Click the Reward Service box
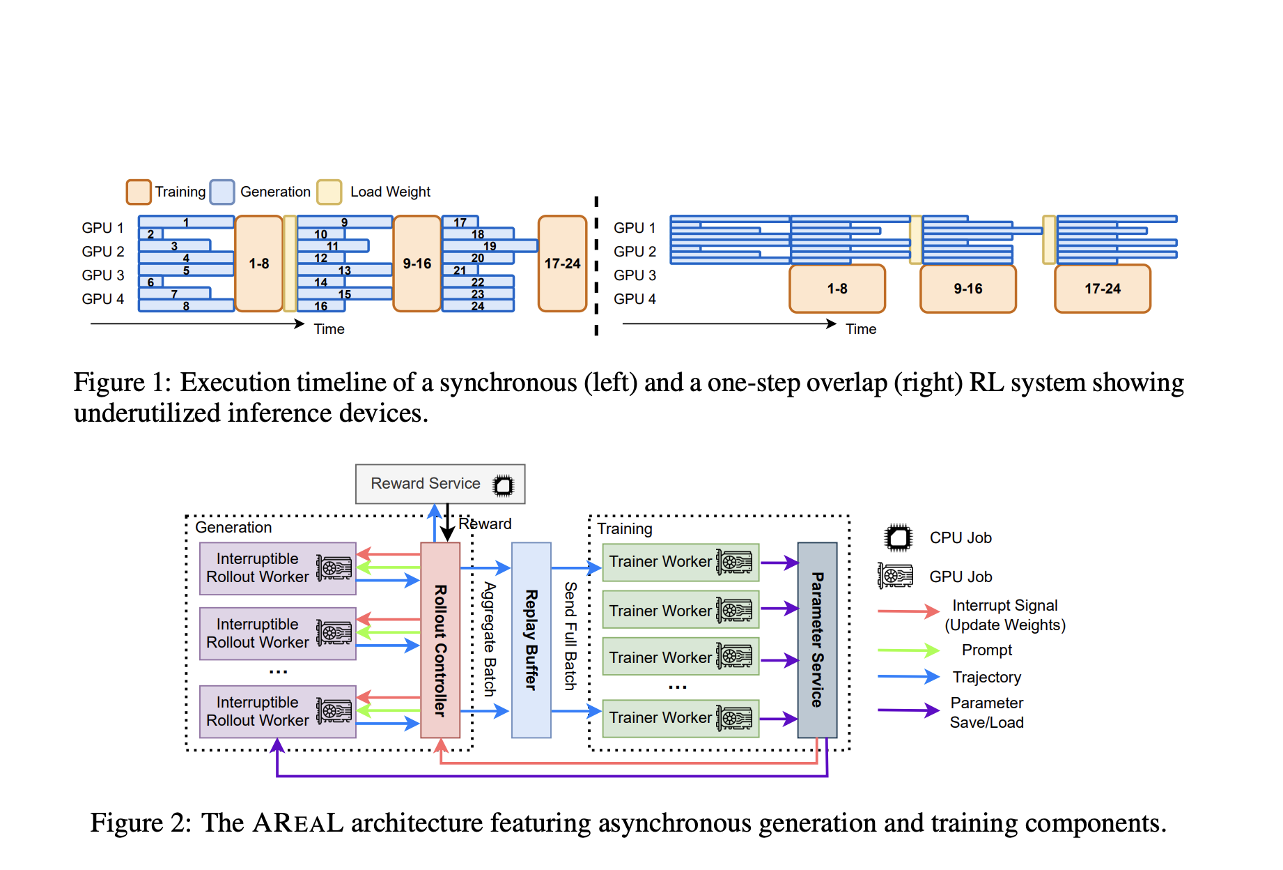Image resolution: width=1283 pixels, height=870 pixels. (440, 484)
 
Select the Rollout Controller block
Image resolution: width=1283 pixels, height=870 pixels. (440, 640)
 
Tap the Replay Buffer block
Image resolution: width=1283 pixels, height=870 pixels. (531, 640)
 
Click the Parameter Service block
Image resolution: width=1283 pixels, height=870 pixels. (817, 640)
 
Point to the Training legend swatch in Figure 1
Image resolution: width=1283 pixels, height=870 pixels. (139, 192)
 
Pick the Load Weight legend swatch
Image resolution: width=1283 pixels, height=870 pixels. (329, 192)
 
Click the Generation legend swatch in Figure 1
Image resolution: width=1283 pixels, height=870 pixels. (222, 192)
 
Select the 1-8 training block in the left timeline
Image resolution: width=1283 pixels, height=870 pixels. (259, 264)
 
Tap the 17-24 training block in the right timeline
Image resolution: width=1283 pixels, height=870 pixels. (1102, 289)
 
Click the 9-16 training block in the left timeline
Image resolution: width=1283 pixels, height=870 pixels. (417, 264)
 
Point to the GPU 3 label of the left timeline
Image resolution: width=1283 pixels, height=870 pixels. (102, 275)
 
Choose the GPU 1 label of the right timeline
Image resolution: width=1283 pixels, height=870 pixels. (635, 228)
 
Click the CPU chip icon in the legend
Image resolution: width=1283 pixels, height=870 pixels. (898, 537)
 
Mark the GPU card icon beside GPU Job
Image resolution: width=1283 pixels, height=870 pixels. (896, 577)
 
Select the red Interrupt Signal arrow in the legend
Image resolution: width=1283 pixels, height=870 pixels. (908, 611)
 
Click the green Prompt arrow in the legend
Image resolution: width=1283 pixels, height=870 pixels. (908, 650)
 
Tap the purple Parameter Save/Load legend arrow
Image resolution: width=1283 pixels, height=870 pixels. (908, 710)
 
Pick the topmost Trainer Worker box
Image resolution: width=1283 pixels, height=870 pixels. (680, 562)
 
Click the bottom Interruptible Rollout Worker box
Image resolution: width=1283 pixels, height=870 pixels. (277, 712)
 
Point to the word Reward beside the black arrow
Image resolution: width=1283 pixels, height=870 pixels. (485, 524)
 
